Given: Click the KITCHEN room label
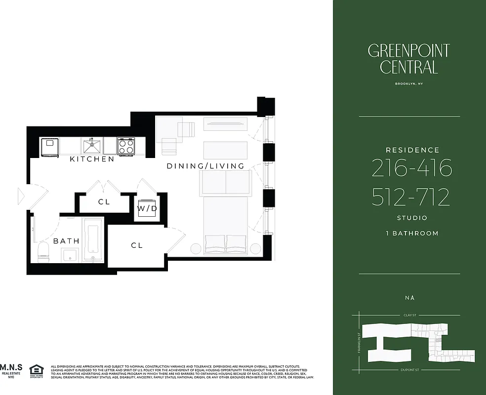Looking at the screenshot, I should [92, 159].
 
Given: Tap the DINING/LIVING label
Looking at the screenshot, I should [205, 166].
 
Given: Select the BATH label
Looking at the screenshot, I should [66, 241].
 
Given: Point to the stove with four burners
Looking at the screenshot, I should [126, 146].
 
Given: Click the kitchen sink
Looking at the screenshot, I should [92, 146].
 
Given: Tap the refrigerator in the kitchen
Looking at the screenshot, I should [49, 147].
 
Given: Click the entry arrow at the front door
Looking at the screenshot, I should [21, 196].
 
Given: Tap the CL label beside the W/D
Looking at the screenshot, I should [104, 202].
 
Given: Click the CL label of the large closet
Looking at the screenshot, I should [137, 245].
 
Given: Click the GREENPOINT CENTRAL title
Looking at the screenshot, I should [409, 58].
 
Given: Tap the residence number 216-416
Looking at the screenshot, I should [411, 169].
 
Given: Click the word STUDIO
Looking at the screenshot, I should [412, 218].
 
